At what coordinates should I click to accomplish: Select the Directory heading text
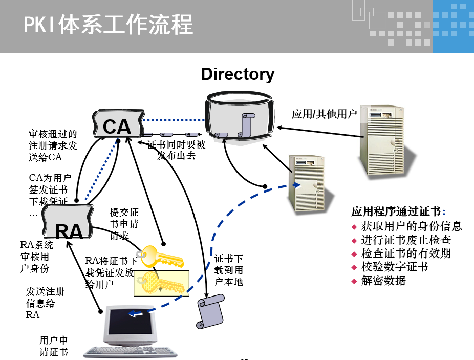pos(238,74)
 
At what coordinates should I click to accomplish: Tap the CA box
pos(117,124)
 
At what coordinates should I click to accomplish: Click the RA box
pos(69,224)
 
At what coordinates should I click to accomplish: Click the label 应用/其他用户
pos(324,114)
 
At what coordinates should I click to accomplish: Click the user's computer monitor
pos(131,325)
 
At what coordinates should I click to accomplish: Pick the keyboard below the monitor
pos(131,352)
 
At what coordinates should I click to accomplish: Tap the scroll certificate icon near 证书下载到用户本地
pos(210,311)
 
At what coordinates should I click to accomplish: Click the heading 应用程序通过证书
pos(398,211)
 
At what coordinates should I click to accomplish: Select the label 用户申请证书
pos(54,346)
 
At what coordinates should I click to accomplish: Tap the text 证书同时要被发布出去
pos(176,150)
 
